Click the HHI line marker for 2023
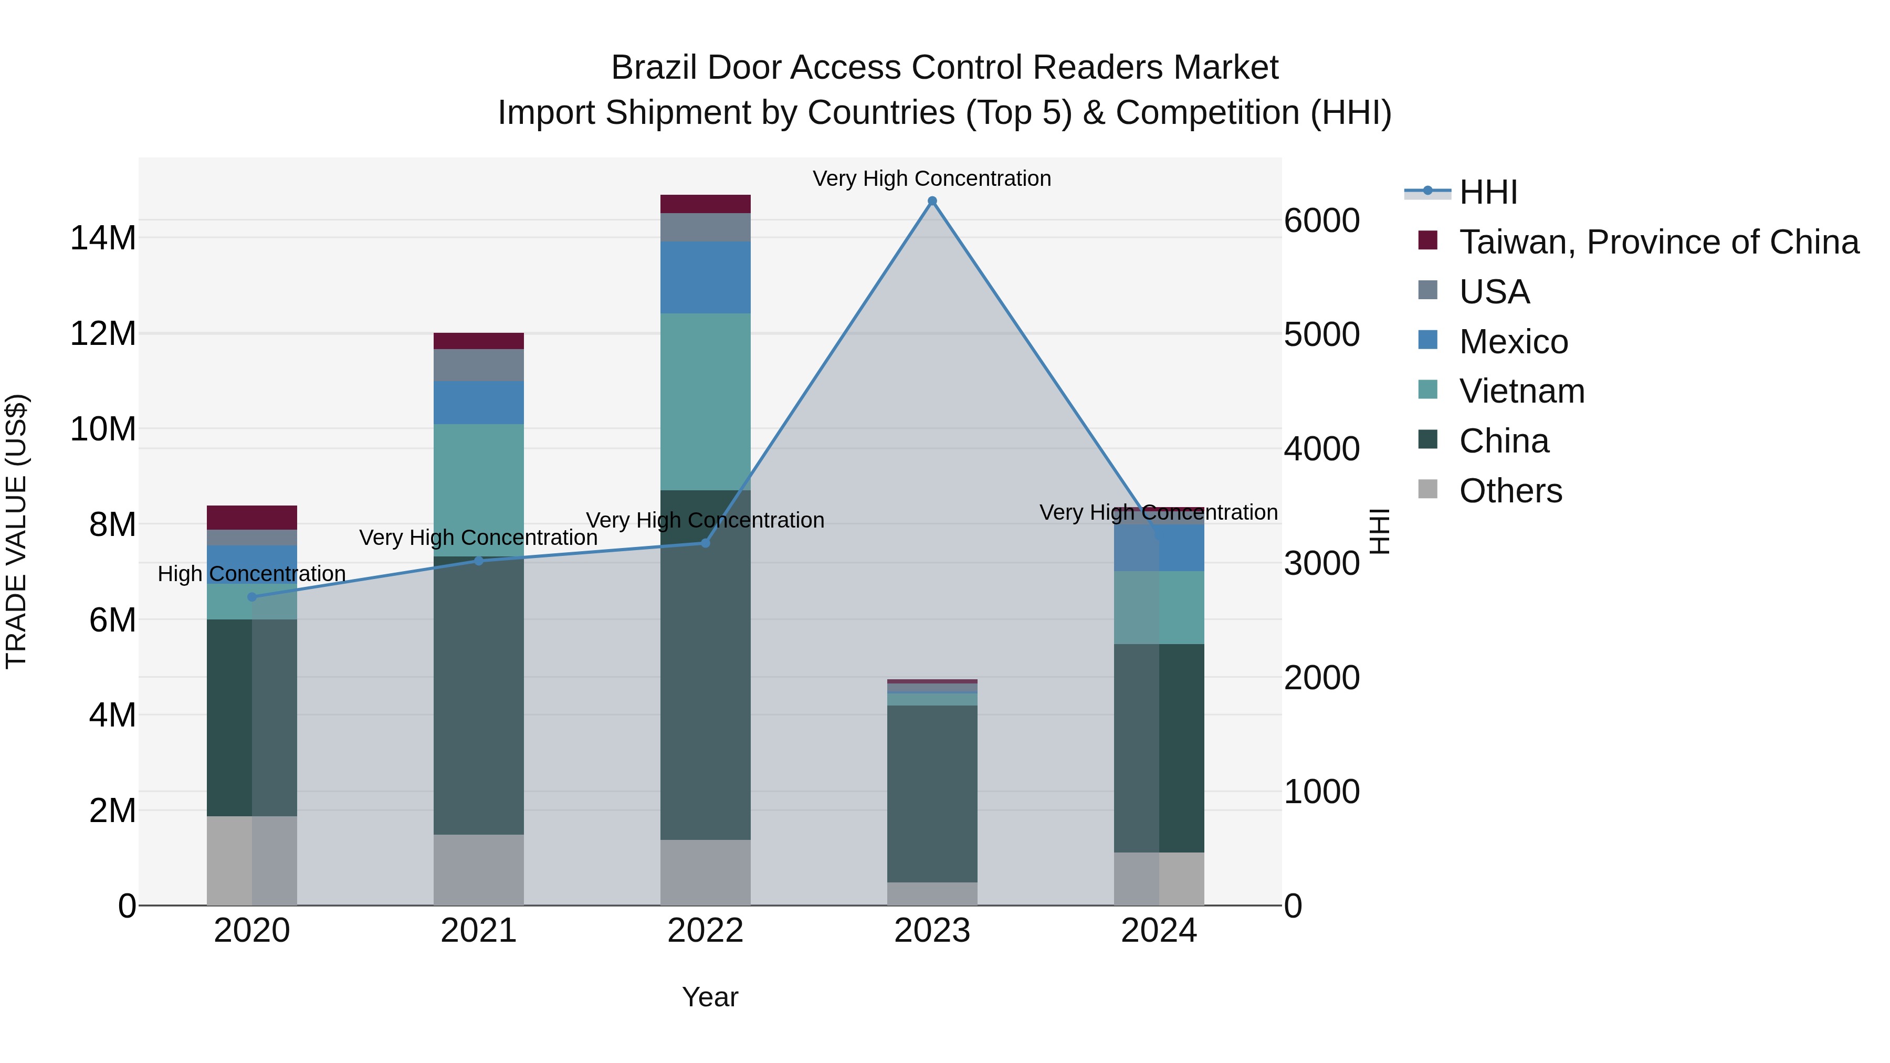pos(932,201)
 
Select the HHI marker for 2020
pos(253,597)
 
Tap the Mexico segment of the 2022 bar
pos(705,277)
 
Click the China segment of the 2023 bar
pos(932,793)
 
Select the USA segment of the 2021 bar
pos(478,365)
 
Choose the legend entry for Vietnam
pos(1521,391)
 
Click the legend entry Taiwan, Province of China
pos(1658,242)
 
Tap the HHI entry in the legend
pos(1488,192)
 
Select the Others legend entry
pos(1510,491)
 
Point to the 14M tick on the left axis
pos(103,238)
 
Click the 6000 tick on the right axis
pos(1321,221)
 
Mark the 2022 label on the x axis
pos(705,931)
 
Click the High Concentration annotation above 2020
pos(251,574)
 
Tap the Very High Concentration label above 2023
pos(932,178)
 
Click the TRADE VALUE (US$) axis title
pos(16,531)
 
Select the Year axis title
pos(709,997)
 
